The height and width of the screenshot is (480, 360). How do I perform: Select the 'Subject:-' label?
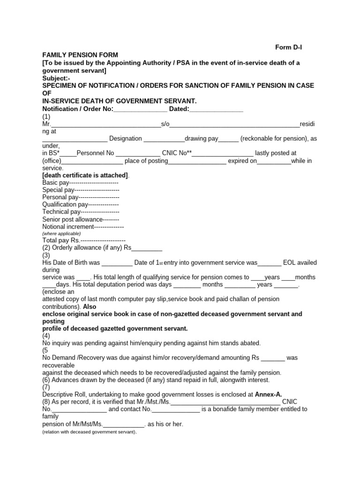[x=56, y=78]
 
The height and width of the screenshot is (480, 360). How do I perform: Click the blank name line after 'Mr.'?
[x=105, y=124]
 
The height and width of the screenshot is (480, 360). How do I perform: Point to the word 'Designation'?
[x=125, y=138]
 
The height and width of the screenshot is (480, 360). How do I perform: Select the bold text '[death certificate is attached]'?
[x=85, y=175]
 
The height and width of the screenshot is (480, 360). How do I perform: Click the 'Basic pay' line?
[x=80, y=182]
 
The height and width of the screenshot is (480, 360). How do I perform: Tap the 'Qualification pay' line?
[x=80, y=204]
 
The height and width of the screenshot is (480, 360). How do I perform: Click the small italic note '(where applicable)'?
[x=61, y=233]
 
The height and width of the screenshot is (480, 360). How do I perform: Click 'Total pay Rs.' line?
[x=83, y=240]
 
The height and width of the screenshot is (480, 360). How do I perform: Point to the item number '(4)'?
[x=46, y=336]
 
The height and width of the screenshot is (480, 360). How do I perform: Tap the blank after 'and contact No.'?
[x=176, y=409]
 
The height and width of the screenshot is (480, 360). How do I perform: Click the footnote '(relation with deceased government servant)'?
[x=89, y=432]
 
